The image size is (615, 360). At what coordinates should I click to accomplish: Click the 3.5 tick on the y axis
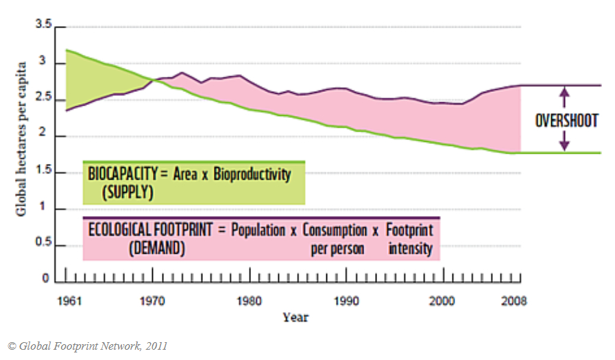[43, 26]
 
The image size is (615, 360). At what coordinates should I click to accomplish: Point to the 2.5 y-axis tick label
[43, 99]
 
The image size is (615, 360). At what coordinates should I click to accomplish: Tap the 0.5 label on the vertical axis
[43, 245]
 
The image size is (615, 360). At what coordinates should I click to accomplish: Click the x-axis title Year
[296, 317]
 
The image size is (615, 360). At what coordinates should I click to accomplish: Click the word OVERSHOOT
[566, 121]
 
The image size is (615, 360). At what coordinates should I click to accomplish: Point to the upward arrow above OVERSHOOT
[564, 95]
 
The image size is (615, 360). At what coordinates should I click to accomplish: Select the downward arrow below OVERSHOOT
[564, 143]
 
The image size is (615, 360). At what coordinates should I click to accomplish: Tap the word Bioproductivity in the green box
[252, 174]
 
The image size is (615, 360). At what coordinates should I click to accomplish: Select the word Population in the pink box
[258, 230]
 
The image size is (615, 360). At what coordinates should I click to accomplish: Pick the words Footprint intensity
[410, 239]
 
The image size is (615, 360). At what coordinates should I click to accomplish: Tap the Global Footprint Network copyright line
[87, 346]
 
